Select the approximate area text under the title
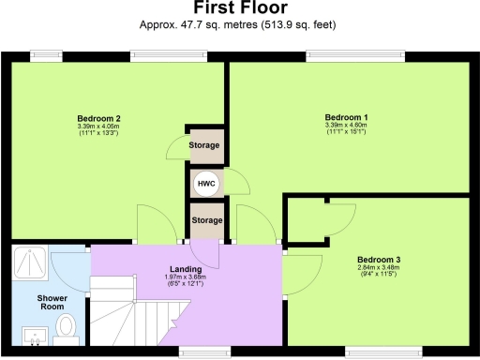pyautogui.click(x=240, y=24)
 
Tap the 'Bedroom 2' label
pyautogui.click(x=98, y=118)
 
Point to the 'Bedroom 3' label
pyautogui.click(x=379, y=259)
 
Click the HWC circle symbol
pyautogui.click(x=205, y=183)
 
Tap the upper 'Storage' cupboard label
pyautogui.click(x=205, y=145)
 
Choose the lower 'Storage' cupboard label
pyautogui.click(x=205, y=220)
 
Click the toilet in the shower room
pyautogui.click(x=66, y=327)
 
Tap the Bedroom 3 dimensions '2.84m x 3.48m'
pyautogui.click(x=379, y=268)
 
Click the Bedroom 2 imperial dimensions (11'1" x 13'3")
pyautogui.click(x=98, y=135)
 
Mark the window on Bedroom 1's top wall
pyautogui.click(x=356, y=58)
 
